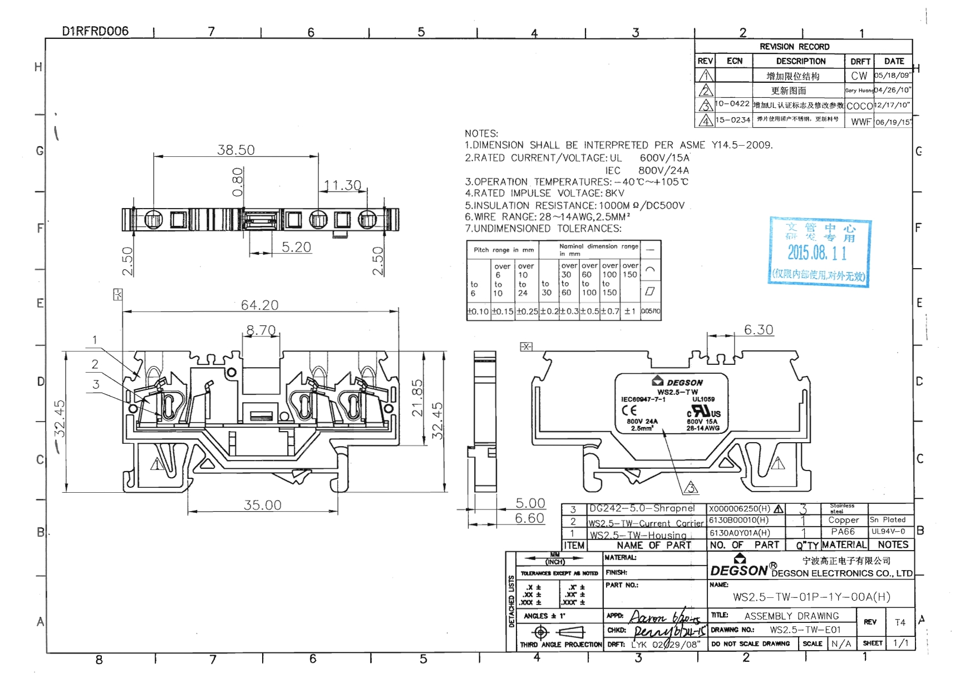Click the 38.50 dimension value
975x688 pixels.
(x=235, y=150)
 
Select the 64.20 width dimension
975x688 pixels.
(x=259, y=305)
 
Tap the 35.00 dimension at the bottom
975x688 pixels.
(x=262, y=505)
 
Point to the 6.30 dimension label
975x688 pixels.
(x=759, y=330)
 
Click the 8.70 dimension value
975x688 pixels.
(x=261, y=330)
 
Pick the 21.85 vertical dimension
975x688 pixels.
(x=417, y=398)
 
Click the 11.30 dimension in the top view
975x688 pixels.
(x=342, y=185)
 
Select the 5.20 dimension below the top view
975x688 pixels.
(x=296, y=247)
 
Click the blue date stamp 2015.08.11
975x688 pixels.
(x=816, y=253)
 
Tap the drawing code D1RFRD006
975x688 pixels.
(x=95, y=31)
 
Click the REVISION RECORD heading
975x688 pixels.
(x=794, y=47)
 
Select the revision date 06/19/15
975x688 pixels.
(x=893, y=122)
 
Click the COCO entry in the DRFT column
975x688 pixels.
(x=859, y=106)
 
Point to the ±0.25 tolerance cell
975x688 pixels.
(x=526, y=311)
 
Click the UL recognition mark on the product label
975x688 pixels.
(x=704, y=412)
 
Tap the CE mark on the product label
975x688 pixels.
(x=629, y=410)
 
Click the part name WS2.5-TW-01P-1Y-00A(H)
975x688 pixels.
(x=811, y=597)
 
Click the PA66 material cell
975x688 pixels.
(x=843, y=532)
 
